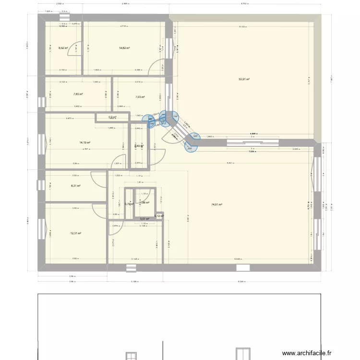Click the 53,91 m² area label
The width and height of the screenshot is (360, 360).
pos(244,79)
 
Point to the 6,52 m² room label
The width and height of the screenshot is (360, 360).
pos(63,48)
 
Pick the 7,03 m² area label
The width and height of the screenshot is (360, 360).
pos(126,96)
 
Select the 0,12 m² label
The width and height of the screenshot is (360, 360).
pos(160,216)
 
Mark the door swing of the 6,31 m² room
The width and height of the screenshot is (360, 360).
pos(98,180)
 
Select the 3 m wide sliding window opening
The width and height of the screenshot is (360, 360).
pos(252,142)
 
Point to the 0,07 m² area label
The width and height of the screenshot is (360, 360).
pos(144,219)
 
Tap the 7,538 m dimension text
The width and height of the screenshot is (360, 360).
pos(252,151)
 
